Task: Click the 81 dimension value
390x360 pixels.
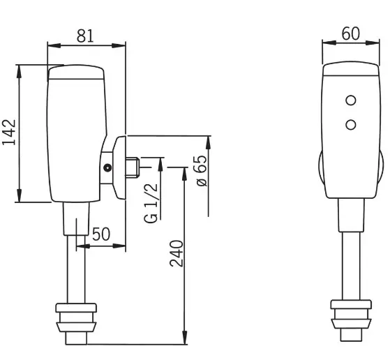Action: (x=85, y=36)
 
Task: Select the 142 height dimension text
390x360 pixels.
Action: (x=9, y=133)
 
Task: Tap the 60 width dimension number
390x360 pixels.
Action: (x=350, y=33)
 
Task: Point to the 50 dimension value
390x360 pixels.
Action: (x=101, y=234)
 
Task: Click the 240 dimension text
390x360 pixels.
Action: (x=177, y=253)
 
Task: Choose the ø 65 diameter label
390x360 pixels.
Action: (x=202, y=171)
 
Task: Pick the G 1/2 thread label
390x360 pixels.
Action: (x=151, y=203)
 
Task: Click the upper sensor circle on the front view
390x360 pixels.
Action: (x=351, y=100)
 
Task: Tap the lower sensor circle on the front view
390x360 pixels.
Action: (x=351, y=125)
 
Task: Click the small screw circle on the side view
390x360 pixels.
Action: (x=107, y=168)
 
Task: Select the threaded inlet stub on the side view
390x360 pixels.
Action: (x=133, y=167)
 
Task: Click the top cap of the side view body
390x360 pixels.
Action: (x=76, y=72)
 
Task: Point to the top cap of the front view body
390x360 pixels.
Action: (x=351, y=68)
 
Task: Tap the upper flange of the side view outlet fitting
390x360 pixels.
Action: (x=76, y=308)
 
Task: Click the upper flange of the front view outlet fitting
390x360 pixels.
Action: (x=351, y=304)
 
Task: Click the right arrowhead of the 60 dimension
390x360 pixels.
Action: (x=373, y=43)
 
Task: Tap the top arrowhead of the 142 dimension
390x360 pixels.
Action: (x=19, y=72)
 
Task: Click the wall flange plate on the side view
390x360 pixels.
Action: (x=119, y=167)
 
